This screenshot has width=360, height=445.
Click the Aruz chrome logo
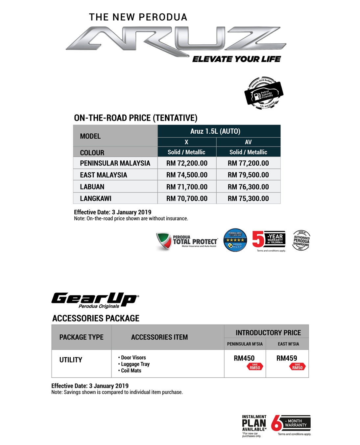point(176,41)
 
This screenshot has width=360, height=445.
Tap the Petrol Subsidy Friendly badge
point(264,93)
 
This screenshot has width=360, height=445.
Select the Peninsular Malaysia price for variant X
point(187,163)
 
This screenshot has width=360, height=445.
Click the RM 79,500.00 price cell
point(248,175)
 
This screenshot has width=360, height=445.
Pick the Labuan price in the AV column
point(248,187)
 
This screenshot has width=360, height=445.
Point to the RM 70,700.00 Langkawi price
point(187,199)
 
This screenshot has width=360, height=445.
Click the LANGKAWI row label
point(96,199)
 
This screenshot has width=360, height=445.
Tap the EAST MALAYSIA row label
point(104,175)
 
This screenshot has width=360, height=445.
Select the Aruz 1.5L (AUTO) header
point(215,131)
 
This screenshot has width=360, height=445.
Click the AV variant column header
point(248,142)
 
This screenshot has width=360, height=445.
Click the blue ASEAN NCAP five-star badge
point(235,240)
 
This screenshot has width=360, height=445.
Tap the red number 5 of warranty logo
point(258,239)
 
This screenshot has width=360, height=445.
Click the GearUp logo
point(95,300)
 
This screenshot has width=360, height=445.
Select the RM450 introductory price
point(244,358)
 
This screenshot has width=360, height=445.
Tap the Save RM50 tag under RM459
point(297,367)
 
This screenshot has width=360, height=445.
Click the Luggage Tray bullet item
point(135,364)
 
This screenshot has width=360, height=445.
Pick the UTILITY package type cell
point(71,360)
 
